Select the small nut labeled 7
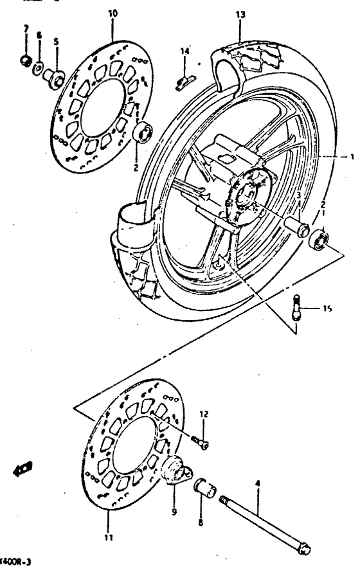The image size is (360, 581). tap(24, 62)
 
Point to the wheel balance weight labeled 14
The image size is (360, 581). tap(184, 80)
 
